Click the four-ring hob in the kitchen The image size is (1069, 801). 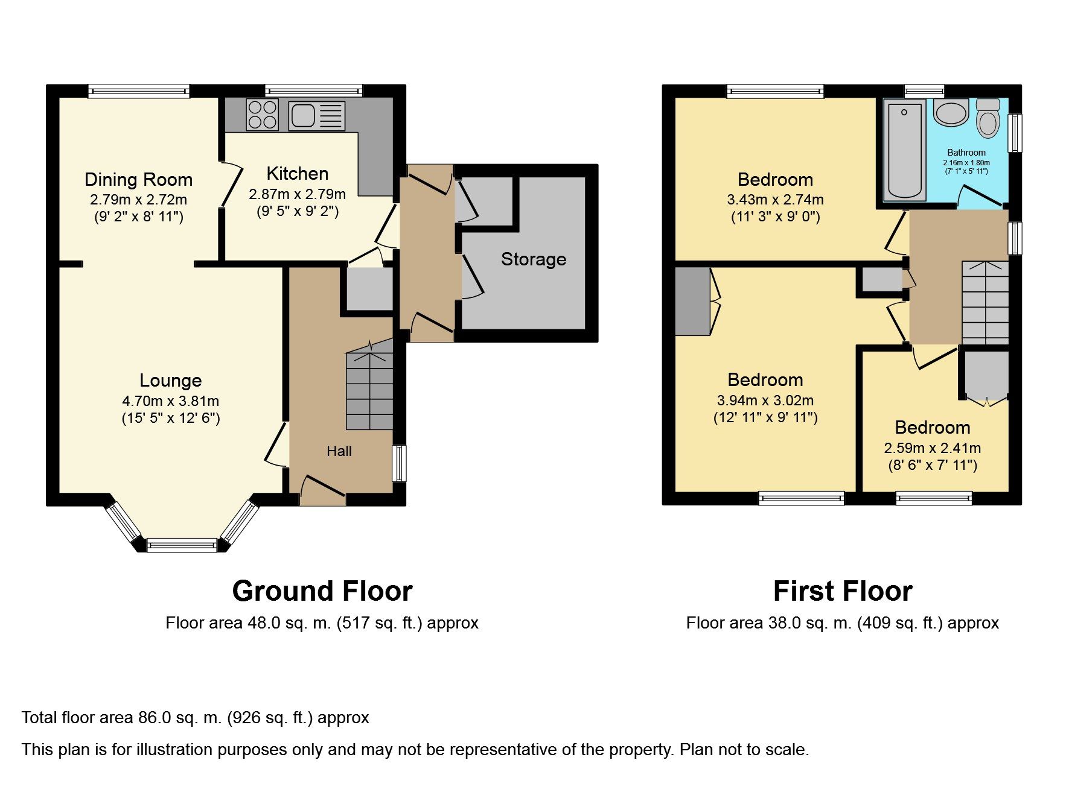tap(263, 115)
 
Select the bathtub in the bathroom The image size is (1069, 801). tap(904, 150)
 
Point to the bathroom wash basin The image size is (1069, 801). tap(951, 113)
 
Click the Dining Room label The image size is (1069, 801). tap(138, 180)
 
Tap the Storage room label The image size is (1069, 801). tap(534, 259)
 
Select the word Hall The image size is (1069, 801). tap(339, 451)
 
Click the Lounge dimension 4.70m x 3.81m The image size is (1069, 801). tap(171, 400)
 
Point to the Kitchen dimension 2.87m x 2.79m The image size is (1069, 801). tap(297, 194)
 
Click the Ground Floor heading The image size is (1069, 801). tap(322, 591)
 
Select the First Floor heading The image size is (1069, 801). tap(843, 591)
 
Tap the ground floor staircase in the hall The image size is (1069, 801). tap(369, 389)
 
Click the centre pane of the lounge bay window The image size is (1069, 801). tap(182, 545)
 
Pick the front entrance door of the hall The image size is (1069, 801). tap(323, 492)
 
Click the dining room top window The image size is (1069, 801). tap(139, 91)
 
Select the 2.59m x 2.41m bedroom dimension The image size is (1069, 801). tap(932, 448)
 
